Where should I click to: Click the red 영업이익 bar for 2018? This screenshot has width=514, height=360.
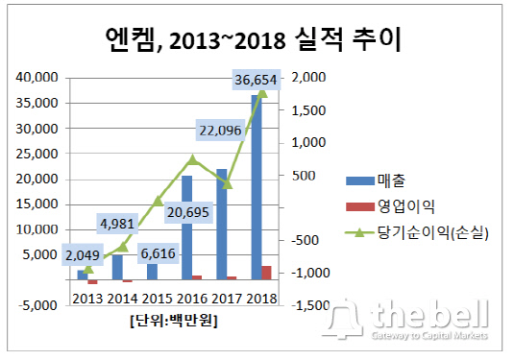(265, 273)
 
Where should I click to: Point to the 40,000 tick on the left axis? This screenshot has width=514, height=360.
(37, 77)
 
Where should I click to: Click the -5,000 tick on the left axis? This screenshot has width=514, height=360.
(37, 306)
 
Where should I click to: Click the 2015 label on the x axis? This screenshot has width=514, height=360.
(158, 298)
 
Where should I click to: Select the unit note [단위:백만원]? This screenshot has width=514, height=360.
(173, 321)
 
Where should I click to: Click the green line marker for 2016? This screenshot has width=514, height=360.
(192, 159)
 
